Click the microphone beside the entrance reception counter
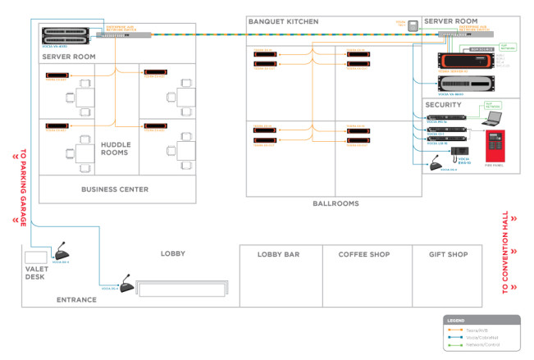(126, 287)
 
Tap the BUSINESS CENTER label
(115, 189)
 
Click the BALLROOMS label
(335, 203)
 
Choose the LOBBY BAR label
(278, 255)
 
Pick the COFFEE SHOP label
(364, 255)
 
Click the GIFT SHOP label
(449, 255)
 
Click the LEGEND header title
(456, 319)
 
